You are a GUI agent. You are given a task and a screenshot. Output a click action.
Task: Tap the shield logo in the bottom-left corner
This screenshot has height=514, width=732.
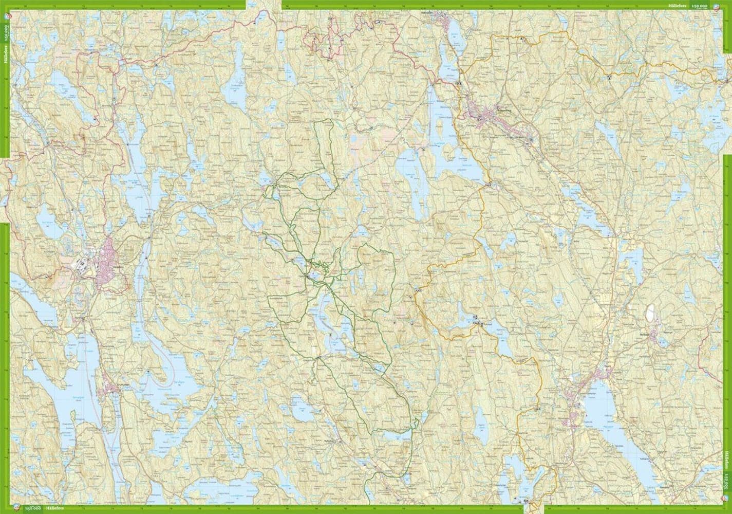point(18,508)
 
